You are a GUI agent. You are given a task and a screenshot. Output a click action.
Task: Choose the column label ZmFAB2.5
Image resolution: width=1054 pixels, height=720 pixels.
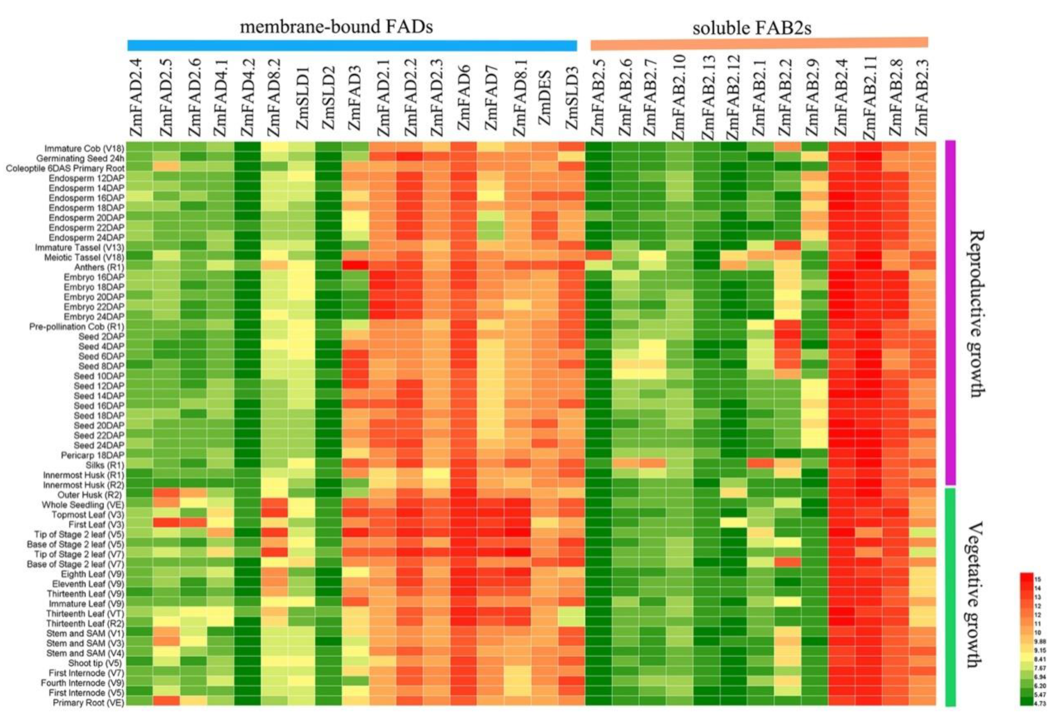pos(598,98)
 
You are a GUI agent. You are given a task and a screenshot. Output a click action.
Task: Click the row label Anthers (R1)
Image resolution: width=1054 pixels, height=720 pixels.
pos(99,267)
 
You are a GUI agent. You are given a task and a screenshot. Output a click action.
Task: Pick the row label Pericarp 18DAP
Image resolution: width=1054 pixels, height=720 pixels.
pos(93,455)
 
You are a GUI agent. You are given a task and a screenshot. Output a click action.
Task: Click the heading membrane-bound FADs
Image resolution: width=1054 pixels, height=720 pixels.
pos(336,27)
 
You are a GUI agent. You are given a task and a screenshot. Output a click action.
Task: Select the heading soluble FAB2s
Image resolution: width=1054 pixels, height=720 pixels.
pos(752,28)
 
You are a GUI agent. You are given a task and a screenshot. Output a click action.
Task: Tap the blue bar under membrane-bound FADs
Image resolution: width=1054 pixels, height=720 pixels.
pos(352,46)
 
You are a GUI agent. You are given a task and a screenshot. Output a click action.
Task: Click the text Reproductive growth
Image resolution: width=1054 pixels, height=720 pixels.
pos(975,313)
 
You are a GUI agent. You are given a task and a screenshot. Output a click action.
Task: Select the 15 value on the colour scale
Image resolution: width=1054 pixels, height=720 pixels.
pos(1037,579)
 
